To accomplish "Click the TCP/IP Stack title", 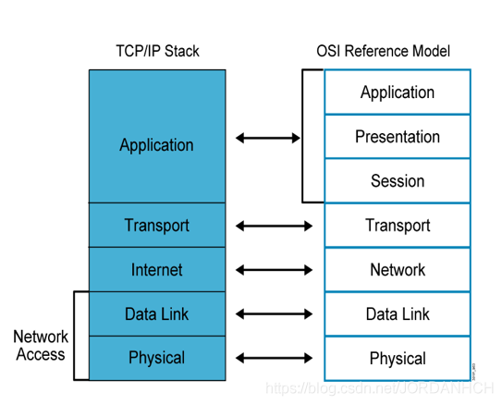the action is [x=157, y=51].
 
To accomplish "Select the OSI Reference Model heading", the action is [x=384, y=51].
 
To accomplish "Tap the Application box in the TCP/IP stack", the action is [x=157, y=137].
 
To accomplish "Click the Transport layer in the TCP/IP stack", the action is [x=157, y=225].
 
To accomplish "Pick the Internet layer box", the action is [x=157, y=270].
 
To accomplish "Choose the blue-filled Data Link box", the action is [x=157, y=313].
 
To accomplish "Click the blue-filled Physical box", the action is [x=157, y=358].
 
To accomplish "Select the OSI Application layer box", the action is [x=398, y=92].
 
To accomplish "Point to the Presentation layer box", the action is [x=398, y=137].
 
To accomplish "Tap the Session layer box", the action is [x=398, y=180].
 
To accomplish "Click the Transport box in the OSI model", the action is [x=398, y=225].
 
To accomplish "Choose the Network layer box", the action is [x=398, y=270].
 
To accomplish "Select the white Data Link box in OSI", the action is [x=398, y=313].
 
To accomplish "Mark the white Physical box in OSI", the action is [x=398, y=358].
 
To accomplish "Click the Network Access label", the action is [x=41, y=346].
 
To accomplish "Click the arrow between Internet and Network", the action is [x=274, y=270].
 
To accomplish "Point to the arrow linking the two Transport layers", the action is [x=274, y=226].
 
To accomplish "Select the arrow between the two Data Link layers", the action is [x=274, y=314].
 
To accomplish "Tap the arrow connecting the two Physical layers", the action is [x=274, y=358].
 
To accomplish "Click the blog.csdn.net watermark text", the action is [x=380, y=388].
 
